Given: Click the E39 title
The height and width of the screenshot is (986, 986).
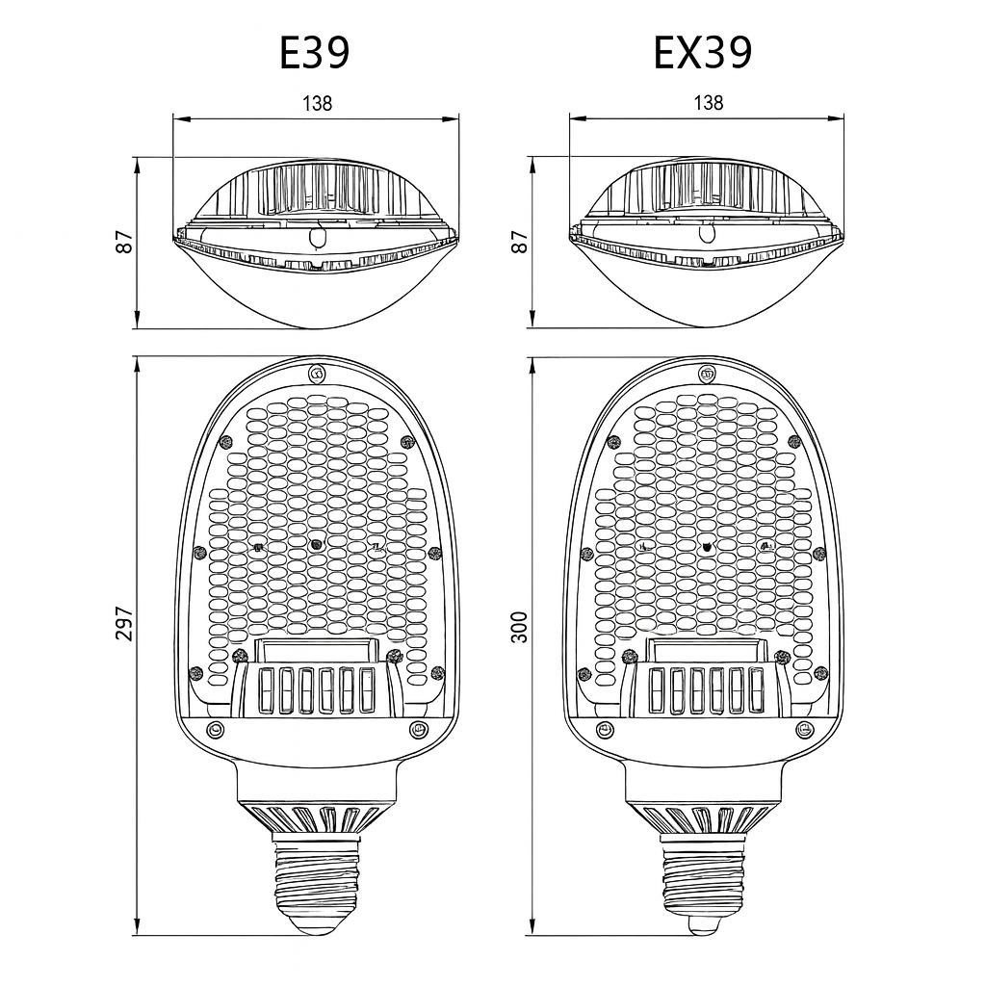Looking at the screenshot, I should pyautogui.click(x=314, y=53).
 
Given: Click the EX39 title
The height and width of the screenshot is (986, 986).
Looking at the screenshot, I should pyautogui.click(x=702, y=53).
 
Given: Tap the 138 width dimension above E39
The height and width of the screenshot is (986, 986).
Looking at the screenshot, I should pyautogui.click(x=317, y=103).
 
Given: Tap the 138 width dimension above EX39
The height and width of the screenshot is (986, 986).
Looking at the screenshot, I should pyautogui.click(x=708, y=103).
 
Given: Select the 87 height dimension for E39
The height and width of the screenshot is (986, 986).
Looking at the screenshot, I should pyautogui.click(x=124, y=242).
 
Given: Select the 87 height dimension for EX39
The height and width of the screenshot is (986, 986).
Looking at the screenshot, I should pyautogui.click(x=519, y=242).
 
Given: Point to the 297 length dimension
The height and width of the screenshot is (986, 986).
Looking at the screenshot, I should pyautogui.click(x=124, y=624).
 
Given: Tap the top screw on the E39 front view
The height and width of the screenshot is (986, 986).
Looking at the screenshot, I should pyautogui.click(x=316, y=374).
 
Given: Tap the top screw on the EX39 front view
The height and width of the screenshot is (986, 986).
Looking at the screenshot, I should pyautogui.click(x=706, y=374).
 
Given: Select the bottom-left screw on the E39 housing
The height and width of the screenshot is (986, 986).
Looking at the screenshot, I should pyautogui.click(x=215, y=729).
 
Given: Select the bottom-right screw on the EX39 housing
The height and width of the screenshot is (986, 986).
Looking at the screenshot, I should pyautogui.click(x=806, y=729).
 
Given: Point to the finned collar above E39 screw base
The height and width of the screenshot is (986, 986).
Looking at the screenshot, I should pyautogui.click(x=316, y=818).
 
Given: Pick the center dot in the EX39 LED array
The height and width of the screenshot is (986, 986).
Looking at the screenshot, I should pyautogui.click(x=708, y=546).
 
